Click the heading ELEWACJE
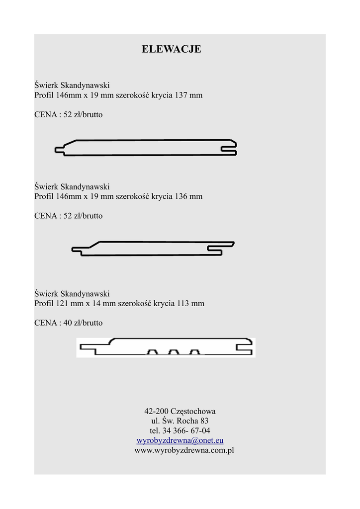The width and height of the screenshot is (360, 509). (172, 49)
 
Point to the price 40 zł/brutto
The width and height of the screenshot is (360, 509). (83, 323)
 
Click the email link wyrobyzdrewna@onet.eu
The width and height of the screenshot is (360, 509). (180, 440)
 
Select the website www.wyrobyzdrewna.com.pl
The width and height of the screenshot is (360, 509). (184, 450)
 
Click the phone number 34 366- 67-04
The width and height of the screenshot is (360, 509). (186, 430)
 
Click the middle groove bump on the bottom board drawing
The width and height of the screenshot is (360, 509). (173, 352)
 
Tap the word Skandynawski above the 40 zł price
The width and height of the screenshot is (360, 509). (85, 293)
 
